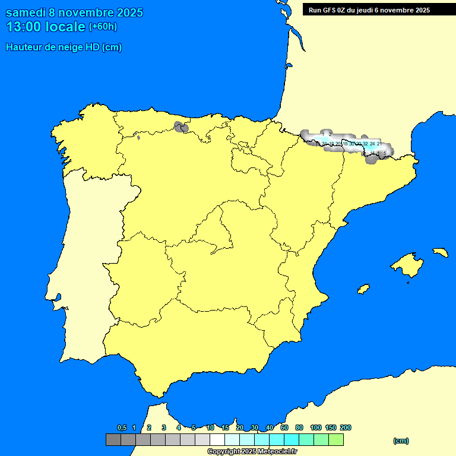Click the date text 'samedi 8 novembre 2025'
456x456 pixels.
click(74, 12)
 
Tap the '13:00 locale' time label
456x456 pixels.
click(46, 27)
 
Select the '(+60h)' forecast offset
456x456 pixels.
click(103, 27)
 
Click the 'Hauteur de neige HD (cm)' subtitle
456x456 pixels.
click(64, 47)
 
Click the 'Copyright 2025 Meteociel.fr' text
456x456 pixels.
click(252, 451)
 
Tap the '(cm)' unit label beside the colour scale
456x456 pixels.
click(401, 441)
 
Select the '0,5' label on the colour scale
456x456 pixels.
click(122, 427)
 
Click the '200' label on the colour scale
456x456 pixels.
click(346, 427)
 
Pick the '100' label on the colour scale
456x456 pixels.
click(316, 427)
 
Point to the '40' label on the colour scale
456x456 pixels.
click(269, 427)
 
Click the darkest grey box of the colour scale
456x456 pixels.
click(113, 440)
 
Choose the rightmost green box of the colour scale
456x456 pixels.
click(335, 440)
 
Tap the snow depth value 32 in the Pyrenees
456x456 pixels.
click(365, 144)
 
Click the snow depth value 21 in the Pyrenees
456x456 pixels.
click(379, 144)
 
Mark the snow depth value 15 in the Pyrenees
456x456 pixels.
click(372, 153)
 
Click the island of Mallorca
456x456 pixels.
click(407, 265)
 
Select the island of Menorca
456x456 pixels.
click(440, 252)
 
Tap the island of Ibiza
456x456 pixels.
click(363, 289)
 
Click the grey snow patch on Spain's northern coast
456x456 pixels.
click(181, 126)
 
